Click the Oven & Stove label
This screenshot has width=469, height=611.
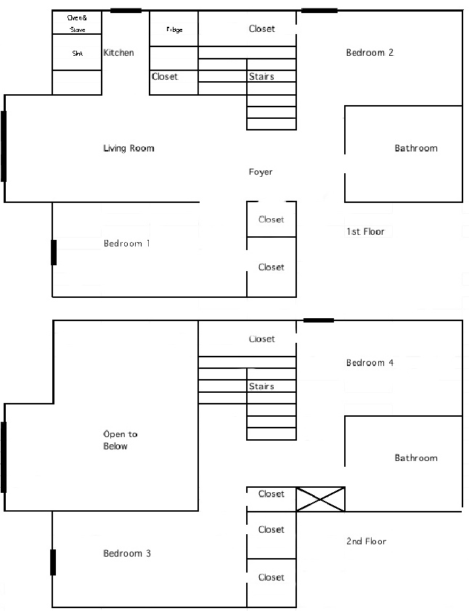point(76,23)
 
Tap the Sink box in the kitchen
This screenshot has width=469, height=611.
point(77,53)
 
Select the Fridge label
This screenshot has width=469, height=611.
point(174,30)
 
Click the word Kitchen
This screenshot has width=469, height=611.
point(118,53)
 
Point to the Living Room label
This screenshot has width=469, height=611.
point(129,149)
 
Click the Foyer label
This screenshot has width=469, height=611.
point(261,173)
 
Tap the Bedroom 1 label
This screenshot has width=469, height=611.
point(127,244)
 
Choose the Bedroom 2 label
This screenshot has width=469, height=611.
point(370,53)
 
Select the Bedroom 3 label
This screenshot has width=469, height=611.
point(127,554)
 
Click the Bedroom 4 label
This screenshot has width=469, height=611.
point(370,363)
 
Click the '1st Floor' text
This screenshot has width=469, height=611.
point(365,232)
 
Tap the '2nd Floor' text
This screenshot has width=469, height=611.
point(366,541)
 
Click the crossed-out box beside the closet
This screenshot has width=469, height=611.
point(320,499)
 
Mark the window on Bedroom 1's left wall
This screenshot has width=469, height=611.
point(54,252)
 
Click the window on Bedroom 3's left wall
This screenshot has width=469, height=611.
point(53,562)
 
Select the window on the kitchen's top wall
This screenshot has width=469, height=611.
point(126,11)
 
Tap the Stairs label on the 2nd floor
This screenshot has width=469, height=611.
point(261,387)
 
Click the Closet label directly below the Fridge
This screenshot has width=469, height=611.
point(165,77)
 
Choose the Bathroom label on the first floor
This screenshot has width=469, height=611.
point(416,149)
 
